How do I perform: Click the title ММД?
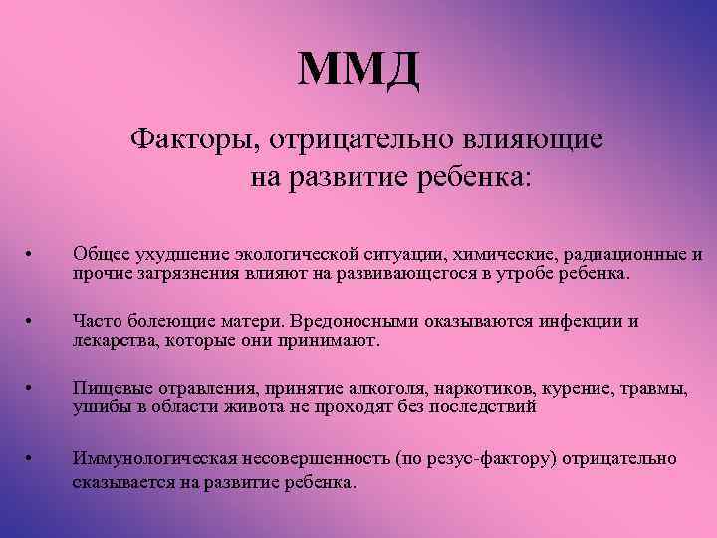pyautogui.click(x=358, y=69)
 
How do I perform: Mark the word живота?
pyautogui.click(x=243, y=407)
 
